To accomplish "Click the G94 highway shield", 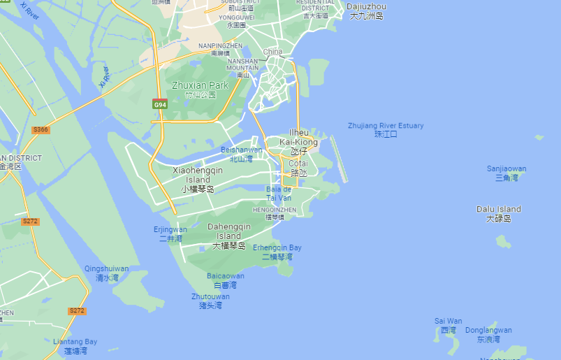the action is [x=160, y=104].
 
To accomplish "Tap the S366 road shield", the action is [x=41, y=130].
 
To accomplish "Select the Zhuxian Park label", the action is [x=200, y=90].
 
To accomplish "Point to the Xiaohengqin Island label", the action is [x=197, y=179].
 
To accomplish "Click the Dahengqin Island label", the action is [x=228, y=236].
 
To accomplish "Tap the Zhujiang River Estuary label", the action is [x=386, y=129].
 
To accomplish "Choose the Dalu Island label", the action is [x=499, y=213].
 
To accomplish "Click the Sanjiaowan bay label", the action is [x=507, y=173].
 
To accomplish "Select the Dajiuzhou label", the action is [x=367, y=10].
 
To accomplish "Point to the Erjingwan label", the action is [x=170, y=233].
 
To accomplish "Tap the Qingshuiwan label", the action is [x=106, y=273].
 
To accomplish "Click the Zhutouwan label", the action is [x=210, y=301].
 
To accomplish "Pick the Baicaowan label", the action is [x=225, y=280].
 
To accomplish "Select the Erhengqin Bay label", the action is [x=277, y=252].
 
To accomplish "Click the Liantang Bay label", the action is [x=75, y=346].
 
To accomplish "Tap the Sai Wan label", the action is [x=449, y=325].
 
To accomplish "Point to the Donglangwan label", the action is [x=488, y=334].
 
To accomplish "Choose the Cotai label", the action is [x=298, y=167].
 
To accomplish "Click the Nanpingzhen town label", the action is [x=220, y=49].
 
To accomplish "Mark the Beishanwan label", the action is [x=241, y=154].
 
